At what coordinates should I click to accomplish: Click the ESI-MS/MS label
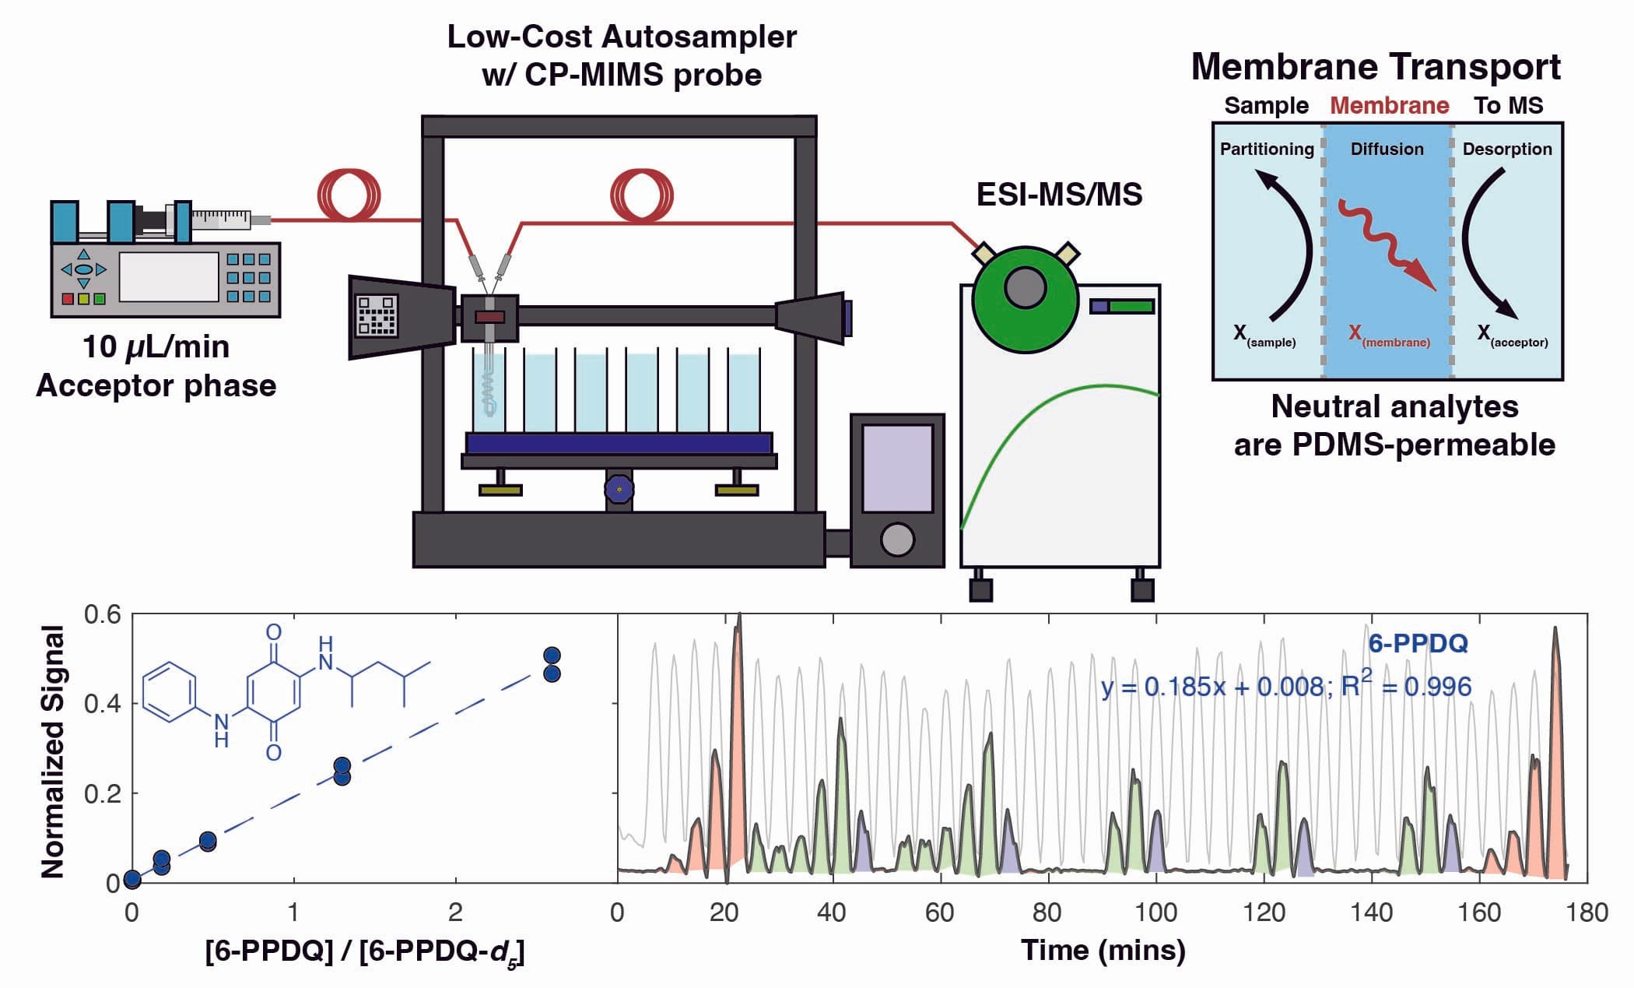tap(1059, 195)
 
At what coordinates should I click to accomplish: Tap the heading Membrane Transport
tap(1375, 67)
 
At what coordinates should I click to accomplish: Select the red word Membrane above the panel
tap(1389, 105)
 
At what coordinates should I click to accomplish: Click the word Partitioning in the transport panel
tap(1266, 149)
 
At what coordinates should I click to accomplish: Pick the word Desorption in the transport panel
tap(1506, 149)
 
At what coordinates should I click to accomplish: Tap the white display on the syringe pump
tap(168, 276)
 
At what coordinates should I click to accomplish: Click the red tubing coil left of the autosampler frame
tap(349, 195)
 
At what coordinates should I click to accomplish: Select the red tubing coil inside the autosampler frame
tap(641, 195)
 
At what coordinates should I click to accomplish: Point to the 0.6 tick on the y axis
tap(103, 615)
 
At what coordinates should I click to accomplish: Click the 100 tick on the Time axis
tap(1155, 912)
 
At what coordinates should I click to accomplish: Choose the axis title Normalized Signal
tap(53, 751)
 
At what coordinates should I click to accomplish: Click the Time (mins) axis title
tap(1103, 950)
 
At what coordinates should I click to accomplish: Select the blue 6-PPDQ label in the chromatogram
tap(1418, 643)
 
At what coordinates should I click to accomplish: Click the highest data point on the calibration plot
tap(552, 656)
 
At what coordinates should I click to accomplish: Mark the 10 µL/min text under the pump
tap(156, 347)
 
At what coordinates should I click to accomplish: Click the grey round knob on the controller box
tap(897, 539)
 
